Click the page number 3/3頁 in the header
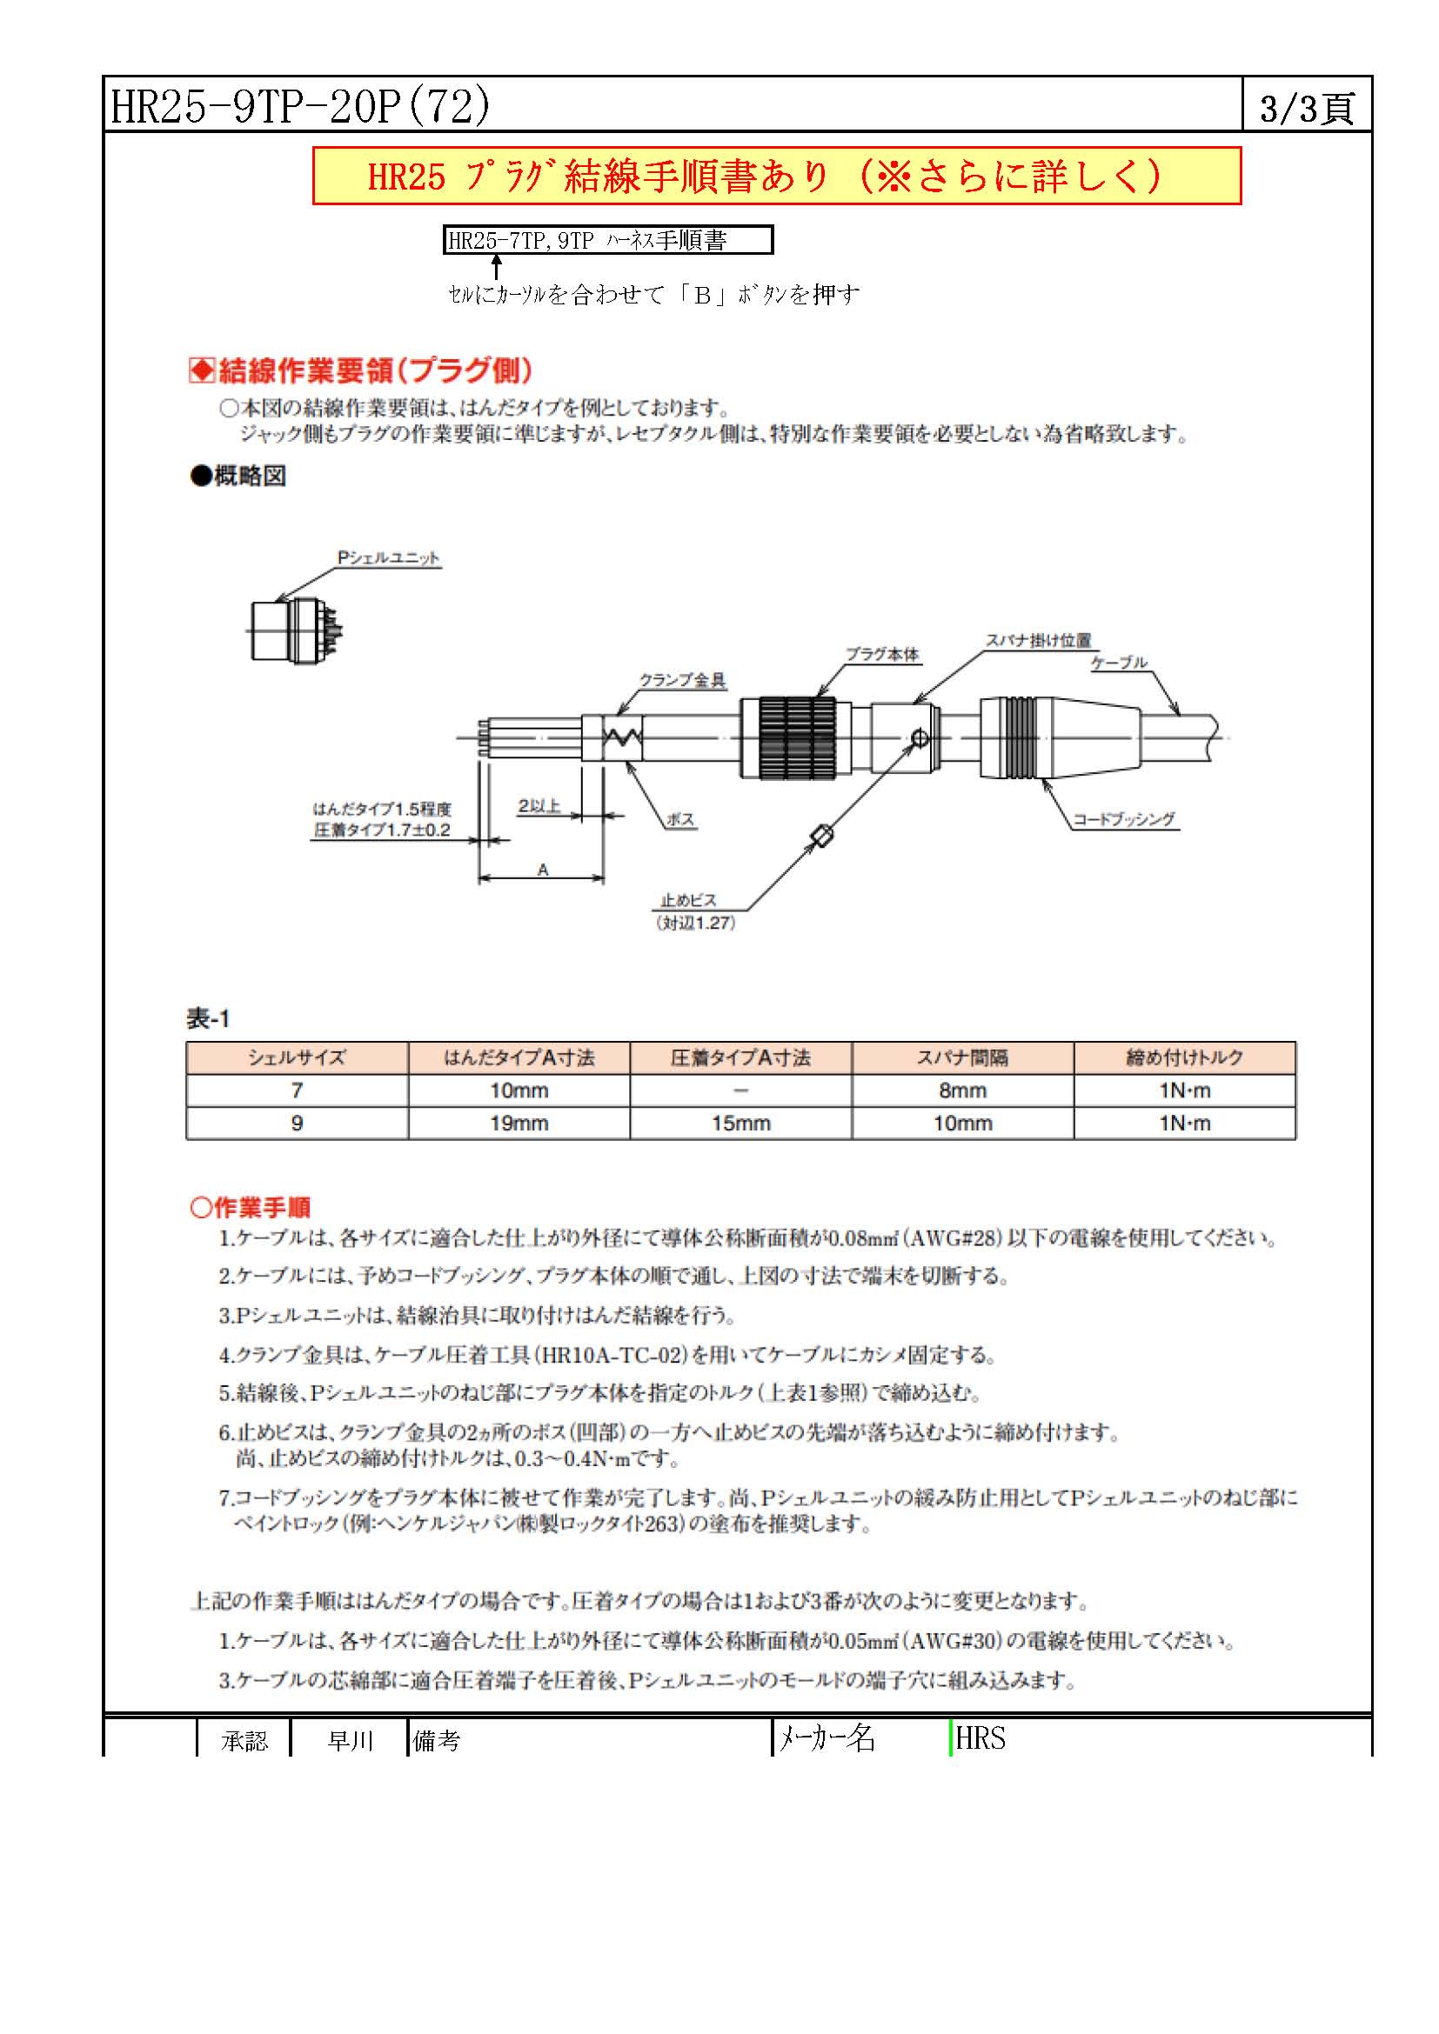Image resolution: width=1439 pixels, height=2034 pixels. point(1306,108)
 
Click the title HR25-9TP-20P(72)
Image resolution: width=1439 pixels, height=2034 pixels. point(299,106)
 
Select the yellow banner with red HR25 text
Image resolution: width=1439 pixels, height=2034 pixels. point(776,177)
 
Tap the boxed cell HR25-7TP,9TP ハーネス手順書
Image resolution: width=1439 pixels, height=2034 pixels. point(608,240)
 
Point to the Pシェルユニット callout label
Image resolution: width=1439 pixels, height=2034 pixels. point(388,558)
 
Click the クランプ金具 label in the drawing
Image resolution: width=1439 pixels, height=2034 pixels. point(682,680)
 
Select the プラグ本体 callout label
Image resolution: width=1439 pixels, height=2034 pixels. point(881,655)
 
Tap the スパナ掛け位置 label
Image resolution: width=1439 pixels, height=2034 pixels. point(1039,641)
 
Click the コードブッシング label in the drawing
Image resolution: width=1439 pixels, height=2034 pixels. point(1123,819)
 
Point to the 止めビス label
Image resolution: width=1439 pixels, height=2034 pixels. point(688,900)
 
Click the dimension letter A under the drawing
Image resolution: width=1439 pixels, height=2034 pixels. point(543,870)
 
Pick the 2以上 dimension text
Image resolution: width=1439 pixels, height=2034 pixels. point(539,806)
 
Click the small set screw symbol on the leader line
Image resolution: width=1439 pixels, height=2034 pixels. point(824,836)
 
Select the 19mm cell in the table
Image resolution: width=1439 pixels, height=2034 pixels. point(519,1124)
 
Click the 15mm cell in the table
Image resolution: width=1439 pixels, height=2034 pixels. point(740,1124)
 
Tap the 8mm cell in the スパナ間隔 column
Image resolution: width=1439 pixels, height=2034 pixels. point(962,1090)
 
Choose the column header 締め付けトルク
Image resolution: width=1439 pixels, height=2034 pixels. point(1184,1057)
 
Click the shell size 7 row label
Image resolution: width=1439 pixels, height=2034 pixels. point(297,1090)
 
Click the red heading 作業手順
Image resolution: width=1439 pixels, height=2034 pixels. point(251,1208)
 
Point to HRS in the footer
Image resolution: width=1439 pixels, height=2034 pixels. point(980,1738)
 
